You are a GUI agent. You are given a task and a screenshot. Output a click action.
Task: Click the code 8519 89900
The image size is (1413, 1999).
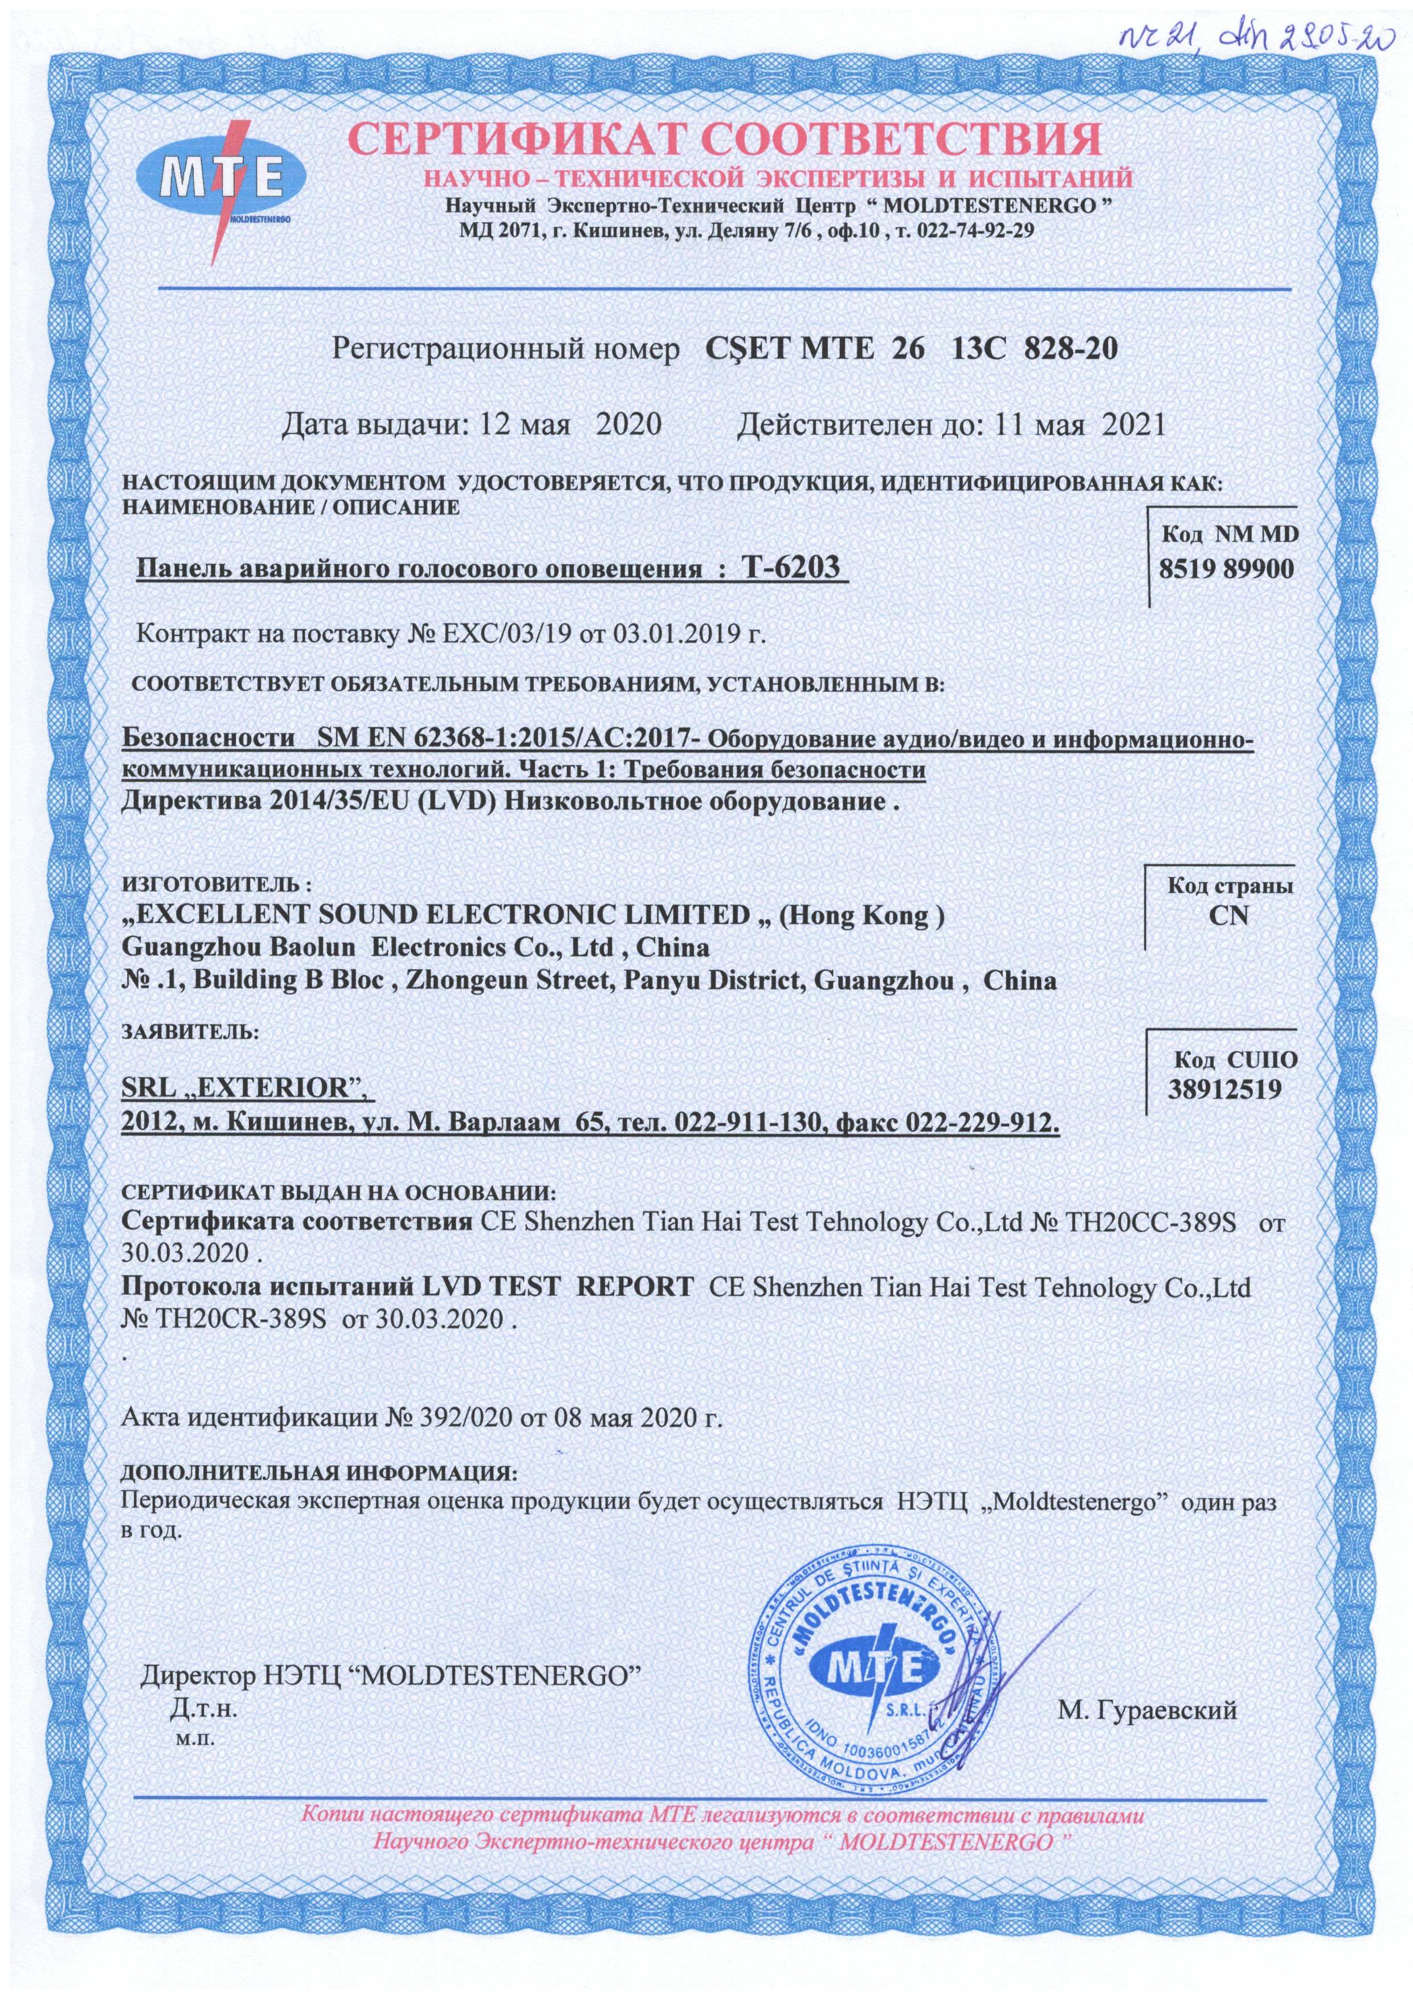pyautogui.click(x=1225, y=569)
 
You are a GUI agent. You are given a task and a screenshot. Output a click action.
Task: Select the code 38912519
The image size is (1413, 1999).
pyautogui.click(x=1225, y=1088)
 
